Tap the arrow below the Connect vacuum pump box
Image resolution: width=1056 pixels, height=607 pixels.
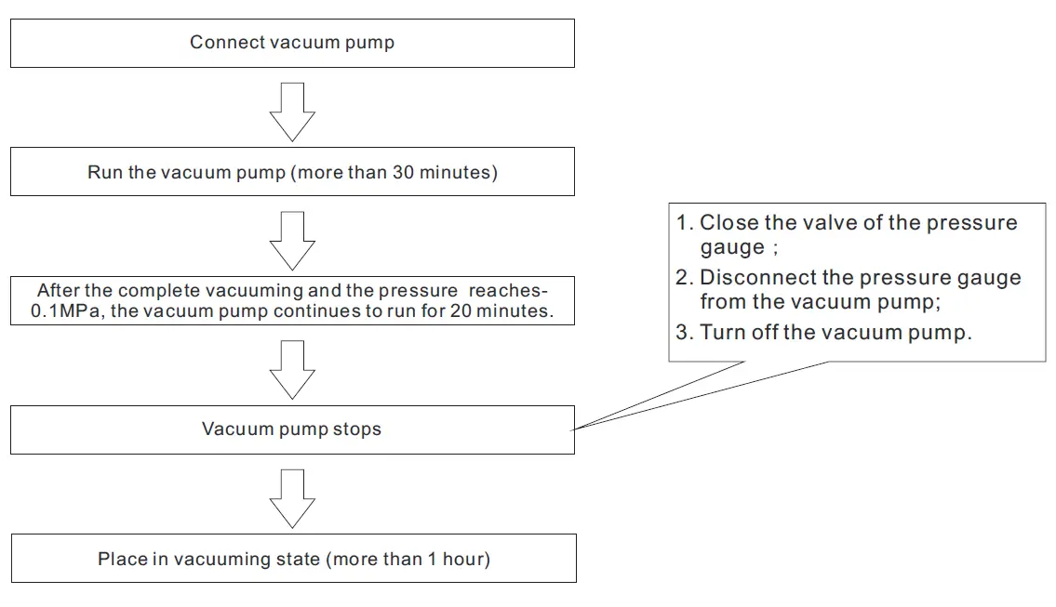(x=292, y=112)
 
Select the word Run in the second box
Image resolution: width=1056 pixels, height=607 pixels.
(x=104, y=172)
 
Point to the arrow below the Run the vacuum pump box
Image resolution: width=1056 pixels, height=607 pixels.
(x=292, y=240)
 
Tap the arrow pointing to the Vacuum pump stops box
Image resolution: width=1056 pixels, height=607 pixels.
(x=292, y=369)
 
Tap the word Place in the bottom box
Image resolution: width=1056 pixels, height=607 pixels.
(x=120, y=559)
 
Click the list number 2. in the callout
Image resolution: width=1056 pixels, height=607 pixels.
(x=685, y=278)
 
